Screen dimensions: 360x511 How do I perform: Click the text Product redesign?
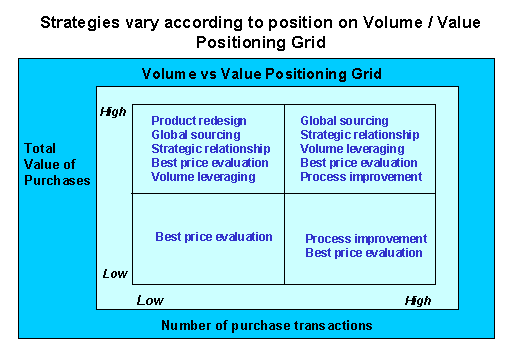coord(198,121)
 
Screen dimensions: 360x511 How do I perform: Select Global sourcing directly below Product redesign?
coord(195,135)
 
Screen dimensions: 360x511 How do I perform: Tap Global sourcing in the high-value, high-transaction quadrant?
coord(344,121)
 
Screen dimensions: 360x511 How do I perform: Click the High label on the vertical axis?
coord(114,112)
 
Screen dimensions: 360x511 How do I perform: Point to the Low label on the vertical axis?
coord(115,273)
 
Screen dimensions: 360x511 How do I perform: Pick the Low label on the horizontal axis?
coord(149,300)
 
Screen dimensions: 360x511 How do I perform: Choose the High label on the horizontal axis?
coord(418,300)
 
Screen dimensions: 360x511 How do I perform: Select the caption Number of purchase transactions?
coord(267,325)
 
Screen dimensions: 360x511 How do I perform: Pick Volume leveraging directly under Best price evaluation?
coord(202,177)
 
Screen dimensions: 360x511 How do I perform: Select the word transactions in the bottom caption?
coord(336,325)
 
